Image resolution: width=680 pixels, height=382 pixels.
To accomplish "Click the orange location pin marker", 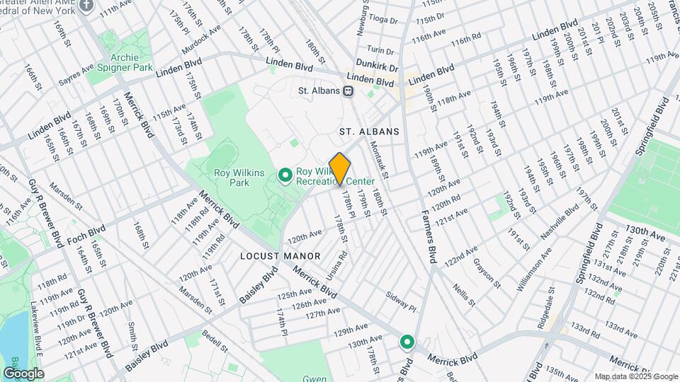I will click(x=340, y=168).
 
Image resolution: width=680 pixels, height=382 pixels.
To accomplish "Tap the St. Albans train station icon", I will click(x=348, y=91).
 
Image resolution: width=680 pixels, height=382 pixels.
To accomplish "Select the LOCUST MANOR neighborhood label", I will click(x=280, y=255).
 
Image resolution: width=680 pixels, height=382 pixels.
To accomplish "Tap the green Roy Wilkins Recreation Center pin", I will click(x=285, y=174).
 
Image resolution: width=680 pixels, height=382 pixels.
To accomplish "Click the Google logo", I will click(x=23, y=373).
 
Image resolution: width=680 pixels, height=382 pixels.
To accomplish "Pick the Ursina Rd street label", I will click(x=336, y=263).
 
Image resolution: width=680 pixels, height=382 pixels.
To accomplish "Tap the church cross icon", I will click(x=87, y=6).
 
